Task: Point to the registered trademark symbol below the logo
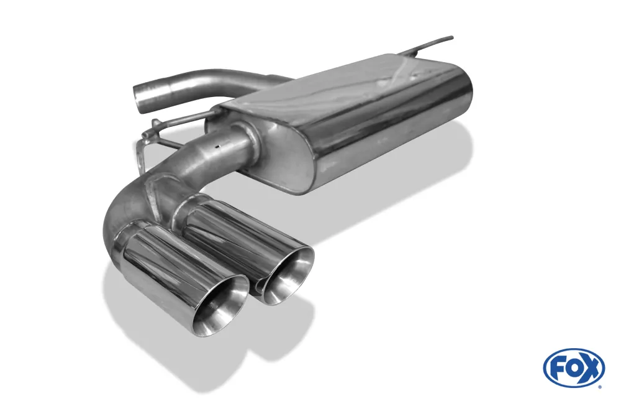(599, 386)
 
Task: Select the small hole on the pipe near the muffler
(217, 147)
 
